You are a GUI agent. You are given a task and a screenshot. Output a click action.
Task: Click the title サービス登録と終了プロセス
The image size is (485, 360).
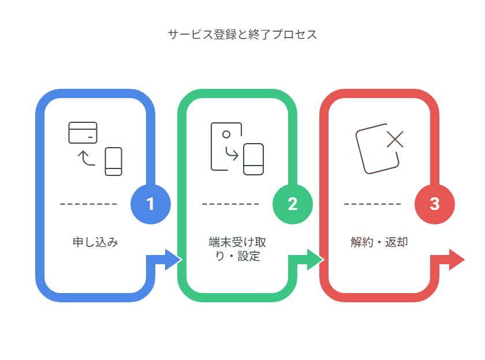click(x=242, y=34)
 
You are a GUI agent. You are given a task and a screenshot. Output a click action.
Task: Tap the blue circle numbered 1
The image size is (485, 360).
click(x=151, y=204)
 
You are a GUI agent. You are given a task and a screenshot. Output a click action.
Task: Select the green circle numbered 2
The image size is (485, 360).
click(x=293, y=204)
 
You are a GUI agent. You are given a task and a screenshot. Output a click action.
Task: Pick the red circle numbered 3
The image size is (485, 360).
click(x=435, y=204)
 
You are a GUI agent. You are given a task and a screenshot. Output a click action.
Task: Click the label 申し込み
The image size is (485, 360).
click(x=95, y=242)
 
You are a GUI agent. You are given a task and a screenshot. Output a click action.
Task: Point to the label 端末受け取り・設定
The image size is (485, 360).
click(x=237, y=249)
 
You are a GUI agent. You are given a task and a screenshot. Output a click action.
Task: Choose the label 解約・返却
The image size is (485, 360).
click(x=379, y=242)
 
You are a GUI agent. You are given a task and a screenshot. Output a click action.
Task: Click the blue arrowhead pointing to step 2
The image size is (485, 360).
click(x=173, y=260)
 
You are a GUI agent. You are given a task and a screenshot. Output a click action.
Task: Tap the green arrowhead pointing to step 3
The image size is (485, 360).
click(x=315, y=260)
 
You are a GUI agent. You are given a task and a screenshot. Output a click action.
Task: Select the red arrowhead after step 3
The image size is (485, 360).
click(x=457, y=260)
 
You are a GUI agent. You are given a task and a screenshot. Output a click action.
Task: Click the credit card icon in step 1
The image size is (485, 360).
click(x=83, y=133)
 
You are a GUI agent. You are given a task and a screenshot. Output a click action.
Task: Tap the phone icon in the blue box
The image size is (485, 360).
click(x=114, y=162)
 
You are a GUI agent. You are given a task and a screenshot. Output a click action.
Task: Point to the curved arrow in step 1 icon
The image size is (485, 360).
click(x=86, y=159)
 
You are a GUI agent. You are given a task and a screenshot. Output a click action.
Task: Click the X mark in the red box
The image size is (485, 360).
click(x=396, y=140)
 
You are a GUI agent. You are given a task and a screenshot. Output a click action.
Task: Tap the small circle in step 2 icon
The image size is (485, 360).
click(x=226, y=134)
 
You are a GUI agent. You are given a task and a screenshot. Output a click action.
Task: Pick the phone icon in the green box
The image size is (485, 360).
click(x=253, y=159)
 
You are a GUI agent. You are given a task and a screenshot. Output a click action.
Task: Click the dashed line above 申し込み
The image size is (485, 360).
click(x=88, y=204)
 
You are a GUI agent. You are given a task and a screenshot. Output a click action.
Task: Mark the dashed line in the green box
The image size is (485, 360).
click(x=230, y=204)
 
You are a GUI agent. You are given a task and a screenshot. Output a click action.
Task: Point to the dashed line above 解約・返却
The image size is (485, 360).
click(x=372, y=204)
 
